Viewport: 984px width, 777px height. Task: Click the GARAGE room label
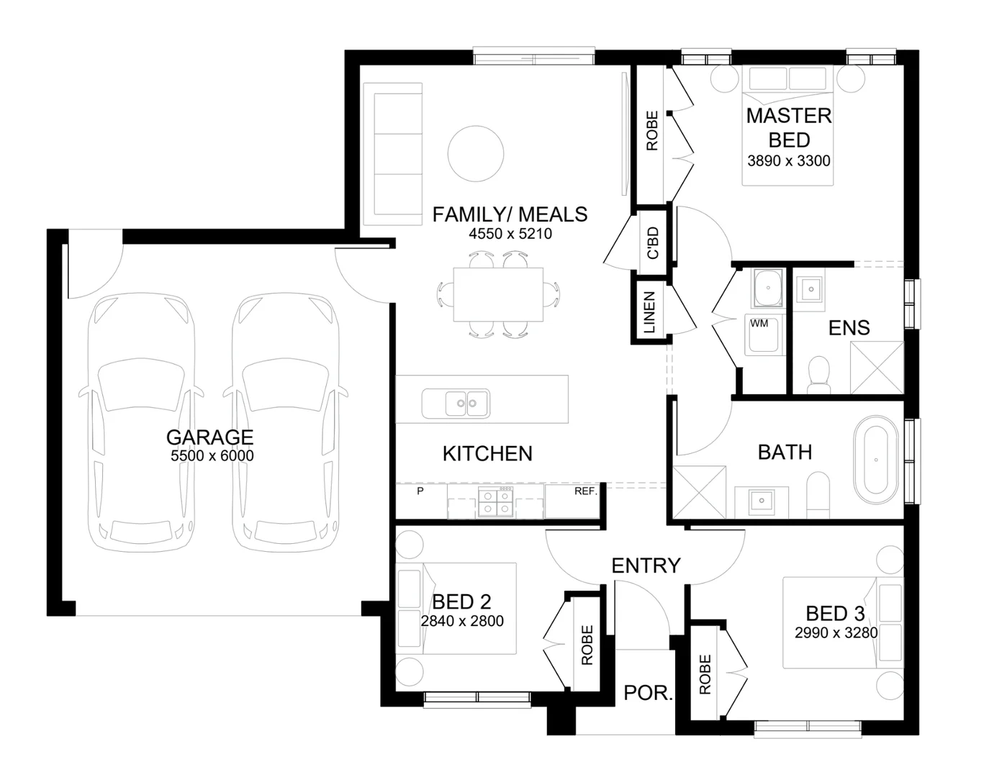coord(209,437)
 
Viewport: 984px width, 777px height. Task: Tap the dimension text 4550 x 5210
coord(510,234)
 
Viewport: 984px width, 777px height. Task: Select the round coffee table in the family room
coord(475,153)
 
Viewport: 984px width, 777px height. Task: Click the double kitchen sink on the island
coord(456,404)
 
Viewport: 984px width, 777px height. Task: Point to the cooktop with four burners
coord(496,501)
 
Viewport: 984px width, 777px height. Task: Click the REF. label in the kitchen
coord(585,491)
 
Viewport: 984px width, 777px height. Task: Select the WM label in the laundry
coord(759,324)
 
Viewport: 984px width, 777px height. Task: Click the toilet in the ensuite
coord(818,375)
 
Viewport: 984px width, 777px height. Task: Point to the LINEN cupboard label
coord(649,313)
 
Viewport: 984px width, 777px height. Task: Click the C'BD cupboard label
coord(653,243)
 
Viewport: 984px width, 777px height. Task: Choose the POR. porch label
coord(648,694)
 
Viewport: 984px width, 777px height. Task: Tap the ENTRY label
coord(646,566)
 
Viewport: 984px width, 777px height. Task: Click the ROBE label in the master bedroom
coord(652,131)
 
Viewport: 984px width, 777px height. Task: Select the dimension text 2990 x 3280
coord(836,633)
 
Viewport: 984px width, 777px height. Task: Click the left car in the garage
coord(141,424)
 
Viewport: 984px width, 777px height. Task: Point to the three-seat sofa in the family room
coord(392,154)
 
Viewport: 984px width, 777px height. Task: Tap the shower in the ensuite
coord(876,368)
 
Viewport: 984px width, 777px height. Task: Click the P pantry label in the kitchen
coord(420,491)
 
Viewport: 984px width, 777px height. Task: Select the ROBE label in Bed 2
coord(587,645)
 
